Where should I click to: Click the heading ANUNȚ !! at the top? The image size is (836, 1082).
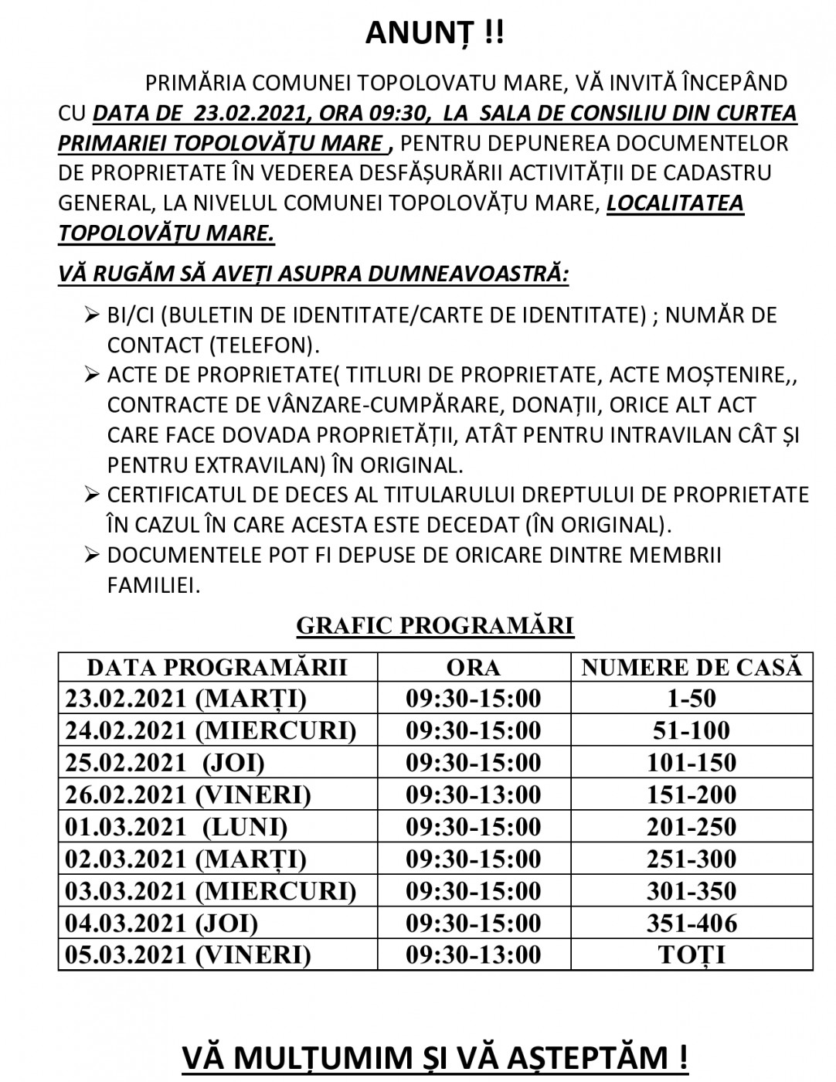(434, 33)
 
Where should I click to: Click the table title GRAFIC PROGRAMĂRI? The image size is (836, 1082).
(435, 625)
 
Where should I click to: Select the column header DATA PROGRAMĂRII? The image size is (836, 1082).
(217, 667)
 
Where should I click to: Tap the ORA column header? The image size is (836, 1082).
(473, 667)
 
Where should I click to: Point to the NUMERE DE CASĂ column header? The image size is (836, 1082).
(692, 667)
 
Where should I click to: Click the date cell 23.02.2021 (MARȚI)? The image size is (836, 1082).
(186, 699)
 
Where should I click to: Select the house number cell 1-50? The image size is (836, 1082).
(692, 699)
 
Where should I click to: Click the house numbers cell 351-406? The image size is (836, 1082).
(692, 923)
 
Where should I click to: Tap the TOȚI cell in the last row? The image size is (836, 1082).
(692, 955)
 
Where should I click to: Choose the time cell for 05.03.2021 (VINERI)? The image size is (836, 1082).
(473, 955)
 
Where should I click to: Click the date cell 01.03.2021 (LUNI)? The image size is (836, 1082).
(177, 827)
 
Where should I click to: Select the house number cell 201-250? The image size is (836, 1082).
(692, 827)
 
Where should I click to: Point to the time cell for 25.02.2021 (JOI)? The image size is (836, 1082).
(473, 763)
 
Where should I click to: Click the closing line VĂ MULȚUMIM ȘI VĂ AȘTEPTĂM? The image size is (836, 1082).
(434, 1056)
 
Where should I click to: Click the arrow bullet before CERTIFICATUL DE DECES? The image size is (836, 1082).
(91, 495)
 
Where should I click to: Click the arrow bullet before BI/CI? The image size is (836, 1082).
(91, 315)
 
